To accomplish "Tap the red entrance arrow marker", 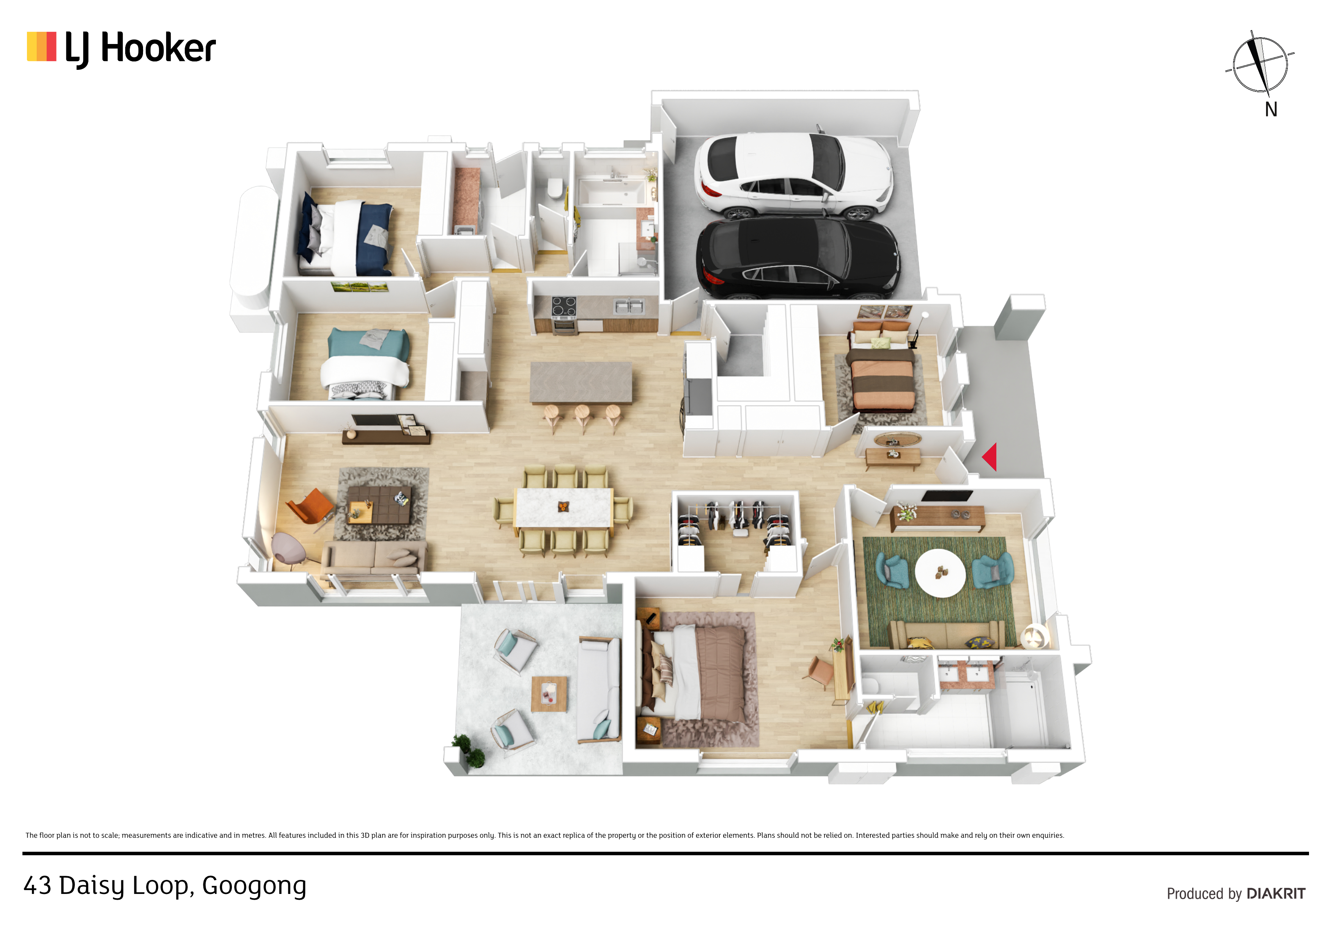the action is [990, 457].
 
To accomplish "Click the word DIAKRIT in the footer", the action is [1276, 894].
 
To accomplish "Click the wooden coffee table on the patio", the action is [549, 694].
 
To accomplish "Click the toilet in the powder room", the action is [555, 188].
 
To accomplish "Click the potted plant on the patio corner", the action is [469, 751].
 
